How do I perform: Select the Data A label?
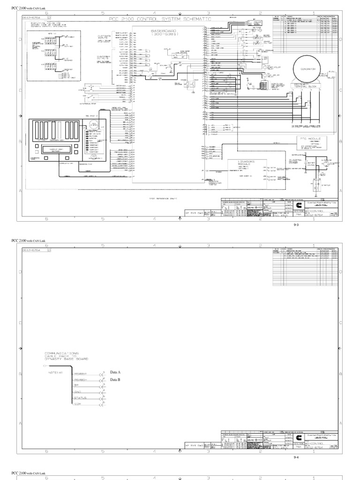tap(115, 372)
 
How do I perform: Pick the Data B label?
tap(115, 379)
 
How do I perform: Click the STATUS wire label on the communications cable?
tap(80, 397)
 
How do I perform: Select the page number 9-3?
tap(296, 225)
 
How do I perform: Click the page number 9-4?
tap(296, 456)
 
